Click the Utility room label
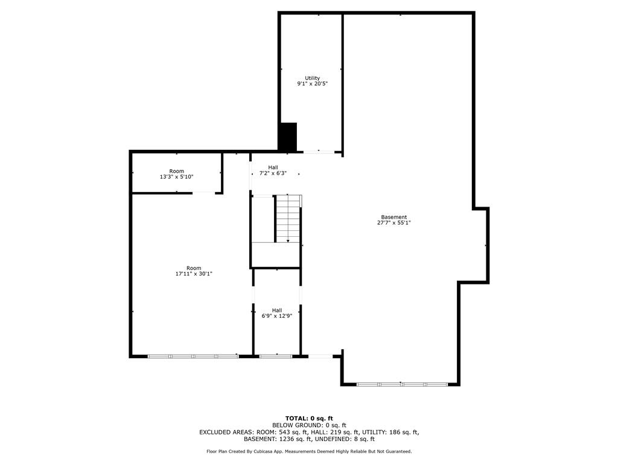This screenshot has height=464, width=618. click(x=312, y=78)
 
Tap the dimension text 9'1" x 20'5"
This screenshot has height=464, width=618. click(x=312, y=84)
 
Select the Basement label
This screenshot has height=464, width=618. click(x=393, y=217)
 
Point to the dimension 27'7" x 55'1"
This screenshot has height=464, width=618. click(x=393, y=223)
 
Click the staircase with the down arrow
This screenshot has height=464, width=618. click(x=288, y=219)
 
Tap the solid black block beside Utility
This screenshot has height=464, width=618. click(x=288, y=137)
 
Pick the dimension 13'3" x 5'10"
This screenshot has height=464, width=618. click(x=176, y=177)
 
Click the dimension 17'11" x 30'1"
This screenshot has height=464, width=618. click(x=194, y=274)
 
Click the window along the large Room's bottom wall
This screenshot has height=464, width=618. click(x=193, y=356)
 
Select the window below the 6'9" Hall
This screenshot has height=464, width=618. click(x=276, y=356)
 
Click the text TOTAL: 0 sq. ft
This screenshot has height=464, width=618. click(x=309, y=418)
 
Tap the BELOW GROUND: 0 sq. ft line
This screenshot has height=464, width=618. click(x=309, y=425)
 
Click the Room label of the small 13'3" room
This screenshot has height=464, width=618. click(x=176, y=171)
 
